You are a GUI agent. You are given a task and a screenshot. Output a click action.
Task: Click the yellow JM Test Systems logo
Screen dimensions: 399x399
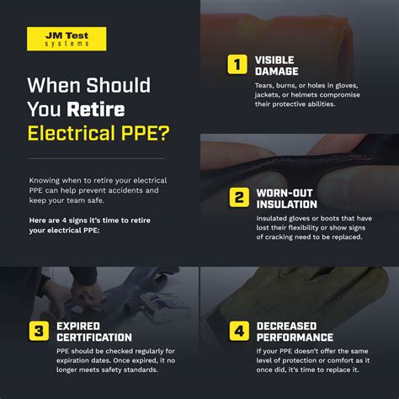point(66,39)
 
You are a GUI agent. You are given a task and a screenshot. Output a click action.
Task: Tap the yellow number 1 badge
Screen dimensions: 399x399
point(237,65)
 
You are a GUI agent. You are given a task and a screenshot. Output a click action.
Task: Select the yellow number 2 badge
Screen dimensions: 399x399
point(239,197)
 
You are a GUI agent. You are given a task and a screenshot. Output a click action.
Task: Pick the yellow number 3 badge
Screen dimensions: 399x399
point(39,331)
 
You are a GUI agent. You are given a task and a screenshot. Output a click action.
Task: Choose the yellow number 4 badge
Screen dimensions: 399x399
point(239,331)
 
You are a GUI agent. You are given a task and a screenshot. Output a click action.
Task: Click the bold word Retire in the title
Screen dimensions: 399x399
point(96,109)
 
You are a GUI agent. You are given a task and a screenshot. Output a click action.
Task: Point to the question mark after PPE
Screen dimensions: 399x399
point(162,133)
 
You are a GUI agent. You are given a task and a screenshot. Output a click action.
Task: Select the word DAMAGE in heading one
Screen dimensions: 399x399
point(277,72)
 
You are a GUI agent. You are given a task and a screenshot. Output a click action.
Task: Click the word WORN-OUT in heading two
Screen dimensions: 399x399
point(285,193)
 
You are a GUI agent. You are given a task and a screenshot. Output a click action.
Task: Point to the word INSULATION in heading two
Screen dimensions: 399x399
point(287,205)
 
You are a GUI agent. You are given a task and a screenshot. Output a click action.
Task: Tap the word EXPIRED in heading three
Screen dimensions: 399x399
point(78,326)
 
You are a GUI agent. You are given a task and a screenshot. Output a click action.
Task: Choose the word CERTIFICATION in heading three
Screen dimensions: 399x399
point(94,338)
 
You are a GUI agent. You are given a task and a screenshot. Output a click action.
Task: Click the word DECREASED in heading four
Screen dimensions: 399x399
point(286,326)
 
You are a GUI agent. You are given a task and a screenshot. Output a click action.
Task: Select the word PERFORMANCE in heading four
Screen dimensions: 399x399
point(295,338)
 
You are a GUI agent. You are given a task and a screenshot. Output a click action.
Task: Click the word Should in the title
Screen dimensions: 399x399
point(118,85)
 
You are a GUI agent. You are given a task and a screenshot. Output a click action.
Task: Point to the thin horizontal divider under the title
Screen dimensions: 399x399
point(97,158)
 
